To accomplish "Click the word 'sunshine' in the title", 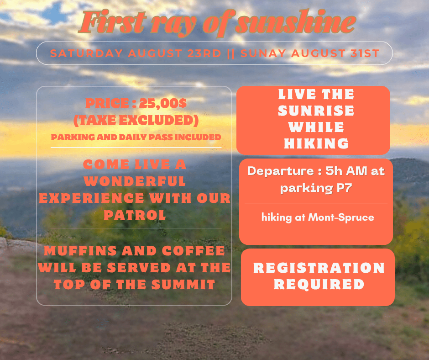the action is (295, 22).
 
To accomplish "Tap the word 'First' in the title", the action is (112, 22).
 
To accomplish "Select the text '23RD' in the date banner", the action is (204, 53).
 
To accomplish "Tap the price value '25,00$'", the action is (163, 103).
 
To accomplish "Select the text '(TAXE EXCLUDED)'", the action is (136, 120).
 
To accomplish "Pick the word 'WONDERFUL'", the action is (135, 181).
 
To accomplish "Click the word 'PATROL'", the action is (135, 215).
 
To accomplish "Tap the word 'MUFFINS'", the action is (81, 251).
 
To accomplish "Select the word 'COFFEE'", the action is (194, 251).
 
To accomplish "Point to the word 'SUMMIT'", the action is (183, 285).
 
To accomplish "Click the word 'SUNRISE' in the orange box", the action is (316, 111).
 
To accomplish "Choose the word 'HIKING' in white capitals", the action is (316, 143).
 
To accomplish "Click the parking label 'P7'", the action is (344, 188).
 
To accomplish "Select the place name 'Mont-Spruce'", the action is (341, 217).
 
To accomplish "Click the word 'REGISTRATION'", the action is (319, 268).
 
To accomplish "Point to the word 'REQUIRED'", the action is (319, 284).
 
